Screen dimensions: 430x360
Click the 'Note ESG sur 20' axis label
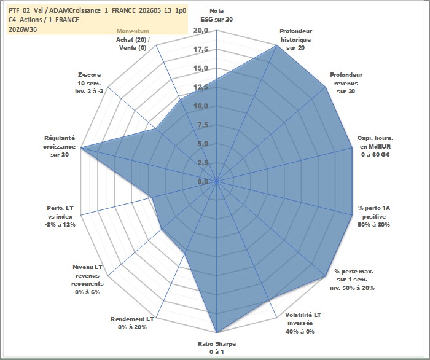[217, 15]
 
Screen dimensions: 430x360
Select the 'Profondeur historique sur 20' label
[295, 39]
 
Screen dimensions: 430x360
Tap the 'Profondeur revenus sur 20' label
[346, 83]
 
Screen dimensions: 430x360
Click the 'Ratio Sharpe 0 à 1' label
[217, 348]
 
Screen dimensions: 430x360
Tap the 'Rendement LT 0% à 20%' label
[132, 323]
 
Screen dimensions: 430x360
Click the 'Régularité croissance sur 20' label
[59, 146]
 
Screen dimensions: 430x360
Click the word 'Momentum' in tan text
[133, 31]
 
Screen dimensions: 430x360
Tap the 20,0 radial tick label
[201, 31]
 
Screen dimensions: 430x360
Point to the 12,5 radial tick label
[201, 87]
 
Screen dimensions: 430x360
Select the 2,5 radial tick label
[203, 163]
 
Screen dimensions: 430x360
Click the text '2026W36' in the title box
[23, 29]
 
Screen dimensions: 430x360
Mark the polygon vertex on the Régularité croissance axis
[81, 148]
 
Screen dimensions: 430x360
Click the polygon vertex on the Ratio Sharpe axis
[217, 332]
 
